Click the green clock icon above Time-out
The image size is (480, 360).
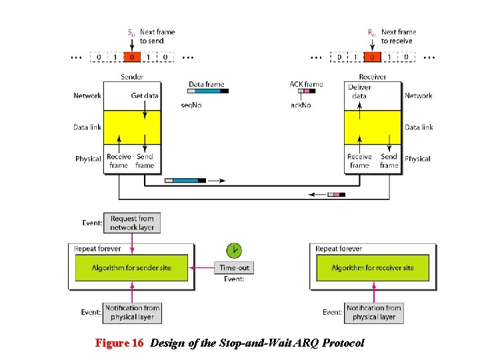coord(233,251)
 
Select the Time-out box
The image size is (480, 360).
coord(234,268)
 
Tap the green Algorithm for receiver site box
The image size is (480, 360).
coord(373,268)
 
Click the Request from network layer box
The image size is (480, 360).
coord(132,223)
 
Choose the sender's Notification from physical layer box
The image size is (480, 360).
coord(133,312)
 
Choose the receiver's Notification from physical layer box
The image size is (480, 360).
coord(374,312)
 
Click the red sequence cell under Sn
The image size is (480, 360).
coord(132,57)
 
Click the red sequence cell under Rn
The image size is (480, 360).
coord(373,57)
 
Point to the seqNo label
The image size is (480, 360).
coord(191,105)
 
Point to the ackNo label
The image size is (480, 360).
coord(299,105)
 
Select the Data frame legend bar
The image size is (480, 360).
coord(208,91)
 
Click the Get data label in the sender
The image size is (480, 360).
coord(145,95)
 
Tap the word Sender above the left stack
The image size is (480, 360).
coord(132,77)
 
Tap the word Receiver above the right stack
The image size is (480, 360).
coord(373,77)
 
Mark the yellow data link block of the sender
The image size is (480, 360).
coord(132,127)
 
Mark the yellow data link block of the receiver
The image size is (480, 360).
coord(373,127)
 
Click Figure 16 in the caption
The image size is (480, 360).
coord(119,343)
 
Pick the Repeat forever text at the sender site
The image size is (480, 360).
coord(97,249)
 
